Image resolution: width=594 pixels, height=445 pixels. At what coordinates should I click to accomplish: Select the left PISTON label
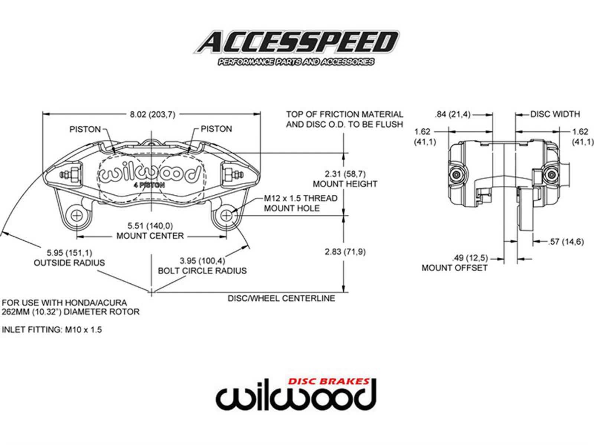tap(85, 129)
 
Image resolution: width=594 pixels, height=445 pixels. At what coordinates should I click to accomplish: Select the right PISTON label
tap(216, 129)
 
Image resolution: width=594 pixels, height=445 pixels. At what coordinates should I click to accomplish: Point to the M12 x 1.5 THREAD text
tap(301, 198)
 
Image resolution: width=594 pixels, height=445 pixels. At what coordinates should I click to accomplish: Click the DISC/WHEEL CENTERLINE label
tap(281, 298)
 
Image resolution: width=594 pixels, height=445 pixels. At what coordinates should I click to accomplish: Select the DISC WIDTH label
tap(555, 114)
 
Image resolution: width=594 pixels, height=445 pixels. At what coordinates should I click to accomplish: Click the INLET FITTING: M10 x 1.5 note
tap(52, 330)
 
